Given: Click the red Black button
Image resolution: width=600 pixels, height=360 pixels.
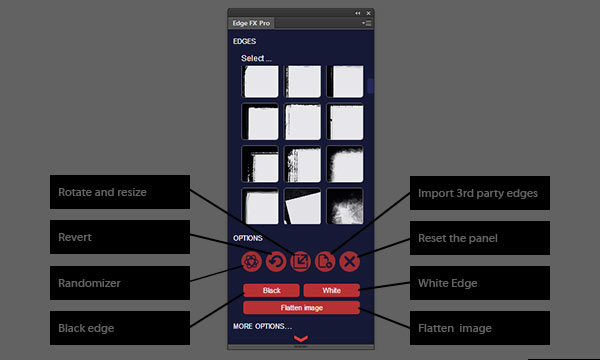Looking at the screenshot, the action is coord(271,290).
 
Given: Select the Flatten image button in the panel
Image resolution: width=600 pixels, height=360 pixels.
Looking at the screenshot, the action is coord(302,308).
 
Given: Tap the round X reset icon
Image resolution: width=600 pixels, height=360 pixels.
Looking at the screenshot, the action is coord(349,262).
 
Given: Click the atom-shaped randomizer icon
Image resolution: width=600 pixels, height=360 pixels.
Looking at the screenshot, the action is coord(251,262).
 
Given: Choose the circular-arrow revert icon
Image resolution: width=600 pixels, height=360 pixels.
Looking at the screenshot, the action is coord(276,262).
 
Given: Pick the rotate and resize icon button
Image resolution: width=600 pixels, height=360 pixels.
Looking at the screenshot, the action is coord(300,262).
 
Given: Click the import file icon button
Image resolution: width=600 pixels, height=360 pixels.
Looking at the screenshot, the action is coord(325,262).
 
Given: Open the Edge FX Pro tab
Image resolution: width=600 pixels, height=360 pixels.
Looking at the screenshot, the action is coord(251,23).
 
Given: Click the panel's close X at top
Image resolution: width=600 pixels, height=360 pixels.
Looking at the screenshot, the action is coord(368,13).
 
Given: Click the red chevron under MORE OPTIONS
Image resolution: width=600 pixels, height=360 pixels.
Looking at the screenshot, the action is coord(301,338).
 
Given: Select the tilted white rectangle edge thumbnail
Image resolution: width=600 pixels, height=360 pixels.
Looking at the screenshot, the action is coord(302,206).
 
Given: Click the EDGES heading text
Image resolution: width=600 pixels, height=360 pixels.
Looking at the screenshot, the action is coord(245,41).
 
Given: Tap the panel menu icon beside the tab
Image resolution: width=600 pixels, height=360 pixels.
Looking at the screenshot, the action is coord(367,23).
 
